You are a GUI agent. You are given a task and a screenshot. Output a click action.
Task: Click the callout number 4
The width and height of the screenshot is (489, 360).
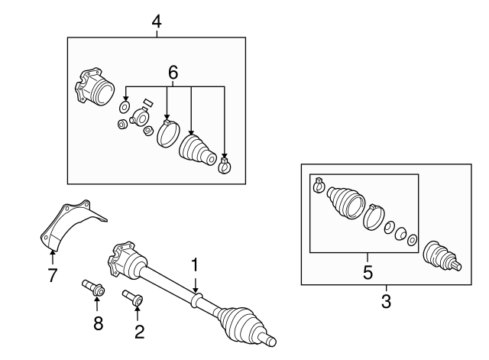coord(157,21)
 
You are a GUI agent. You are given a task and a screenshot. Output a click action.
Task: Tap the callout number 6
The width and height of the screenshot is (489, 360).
coord(173,73)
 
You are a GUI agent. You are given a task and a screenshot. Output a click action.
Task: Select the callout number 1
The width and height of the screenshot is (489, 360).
coord(195,265)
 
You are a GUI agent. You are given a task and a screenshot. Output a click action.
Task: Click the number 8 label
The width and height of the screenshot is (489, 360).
coord(98,323)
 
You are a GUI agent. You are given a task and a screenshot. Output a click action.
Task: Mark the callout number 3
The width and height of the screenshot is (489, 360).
coord(386,301)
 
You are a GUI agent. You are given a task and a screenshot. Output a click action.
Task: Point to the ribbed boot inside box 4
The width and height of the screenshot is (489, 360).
coord(198,149)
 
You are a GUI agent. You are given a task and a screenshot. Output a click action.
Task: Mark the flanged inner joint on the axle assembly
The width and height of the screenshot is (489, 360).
coord(125,261)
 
